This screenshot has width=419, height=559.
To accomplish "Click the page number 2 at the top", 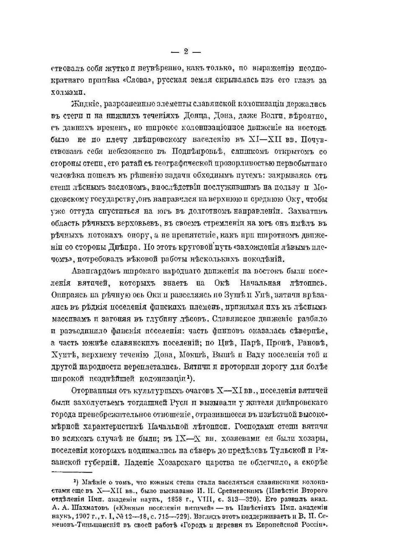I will coord(186,52).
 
